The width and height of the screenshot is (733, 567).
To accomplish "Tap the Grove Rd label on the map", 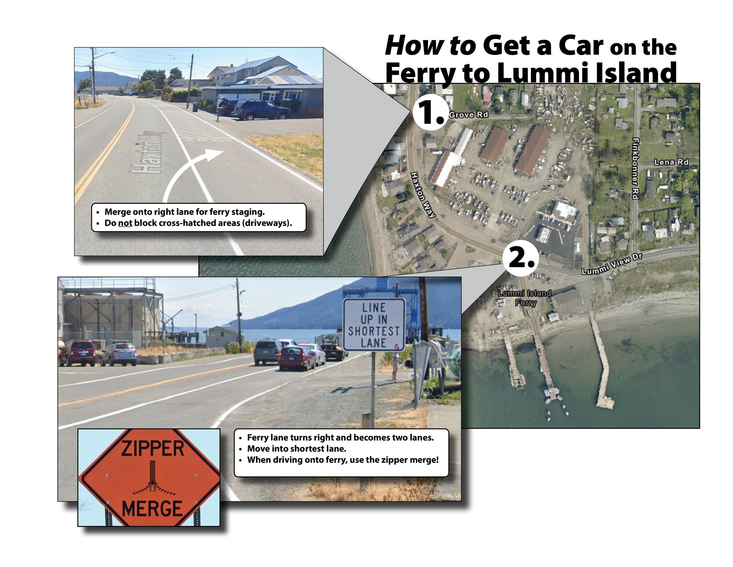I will point(469,115).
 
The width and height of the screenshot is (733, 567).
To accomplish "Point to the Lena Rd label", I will point(671,162).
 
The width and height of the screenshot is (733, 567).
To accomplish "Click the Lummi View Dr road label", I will point(611,264).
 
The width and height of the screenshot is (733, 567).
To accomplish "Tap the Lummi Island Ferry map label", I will point(525,297).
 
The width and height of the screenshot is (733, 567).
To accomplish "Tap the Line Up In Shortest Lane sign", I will point(374,325).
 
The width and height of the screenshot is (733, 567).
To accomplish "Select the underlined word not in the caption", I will point(125,223).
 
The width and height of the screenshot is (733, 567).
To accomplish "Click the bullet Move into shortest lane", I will point(296,449).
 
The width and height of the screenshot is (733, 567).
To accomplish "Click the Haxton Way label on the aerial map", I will point(423,195).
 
